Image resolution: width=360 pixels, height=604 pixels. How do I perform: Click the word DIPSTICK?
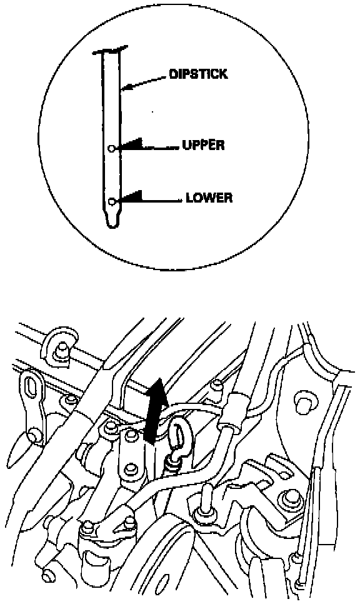pyautogui.click(x=198, y=74)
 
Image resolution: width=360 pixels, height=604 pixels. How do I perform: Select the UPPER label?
pyautogui.click(x=203, y=145)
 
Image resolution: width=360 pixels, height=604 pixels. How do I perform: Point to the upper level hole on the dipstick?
pyautogui.click(x=111, y=148)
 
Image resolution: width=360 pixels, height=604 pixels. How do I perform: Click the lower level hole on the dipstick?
pyautogui.click(x=112, y=201)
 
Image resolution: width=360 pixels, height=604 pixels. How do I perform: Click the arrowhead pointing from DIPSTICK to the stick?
pyautogui.click(x=125, y=88)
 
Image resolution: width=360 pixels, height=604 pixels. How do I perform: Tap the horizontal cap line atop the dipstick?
pyautogui.click(x=110, y=51)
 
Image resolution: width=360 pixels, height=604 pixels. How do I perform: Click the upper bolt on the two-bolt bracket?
pyautogui.click(x=132, y=435)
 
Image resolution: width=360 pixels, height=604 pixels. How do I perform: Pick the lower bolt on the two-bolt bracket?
pyautogui.click(x=131, y=469)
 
